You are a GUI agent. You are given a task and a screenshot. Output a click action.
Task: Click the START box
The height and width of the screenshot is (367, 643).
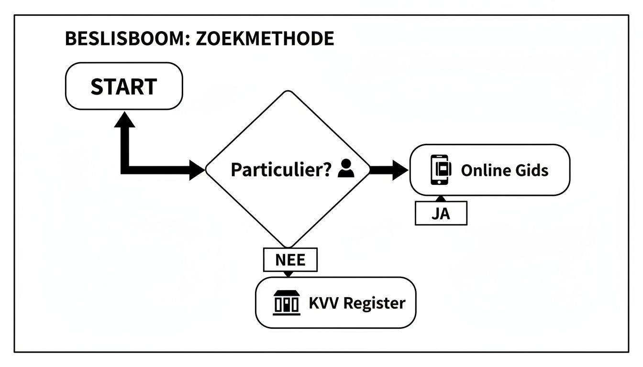(x=123, y=86)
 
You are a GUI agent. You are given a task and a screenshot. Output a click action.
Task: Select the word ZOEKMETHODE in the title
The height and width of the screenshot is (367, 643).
(x=258, y=39)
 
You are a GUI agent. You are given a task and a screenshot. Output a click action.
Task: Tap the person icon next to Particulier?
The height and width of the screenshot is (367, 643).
(x=346, y=169)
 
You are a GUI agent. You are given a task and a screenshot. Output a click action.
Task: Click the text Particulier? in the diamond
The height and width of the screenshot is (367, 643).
(x=281, y=170)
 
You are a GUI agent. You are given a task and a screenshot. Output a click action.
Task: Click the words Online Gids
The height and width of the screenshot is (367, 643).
(x=504, y=170)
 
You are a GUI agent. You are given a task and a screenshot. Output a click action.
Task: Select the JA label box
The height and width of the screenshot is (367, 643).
(x=441, y=214)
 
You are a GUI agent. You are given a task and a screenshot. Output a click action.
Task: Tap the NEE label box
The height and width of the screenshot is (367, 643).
(x=290, y=260)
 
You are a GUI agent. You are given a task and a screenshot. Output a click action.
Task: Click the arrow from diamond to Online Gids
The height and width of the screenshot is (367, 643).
(x=388, y=170)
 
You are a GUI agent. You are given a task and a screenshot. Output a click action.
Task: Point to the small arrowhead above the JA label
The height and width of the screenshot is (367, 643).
(x=441, y=198)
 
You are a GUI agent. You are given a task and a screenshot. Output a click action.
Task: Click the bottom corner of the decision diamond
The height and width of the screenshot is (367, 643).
(x=288, y=246)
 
